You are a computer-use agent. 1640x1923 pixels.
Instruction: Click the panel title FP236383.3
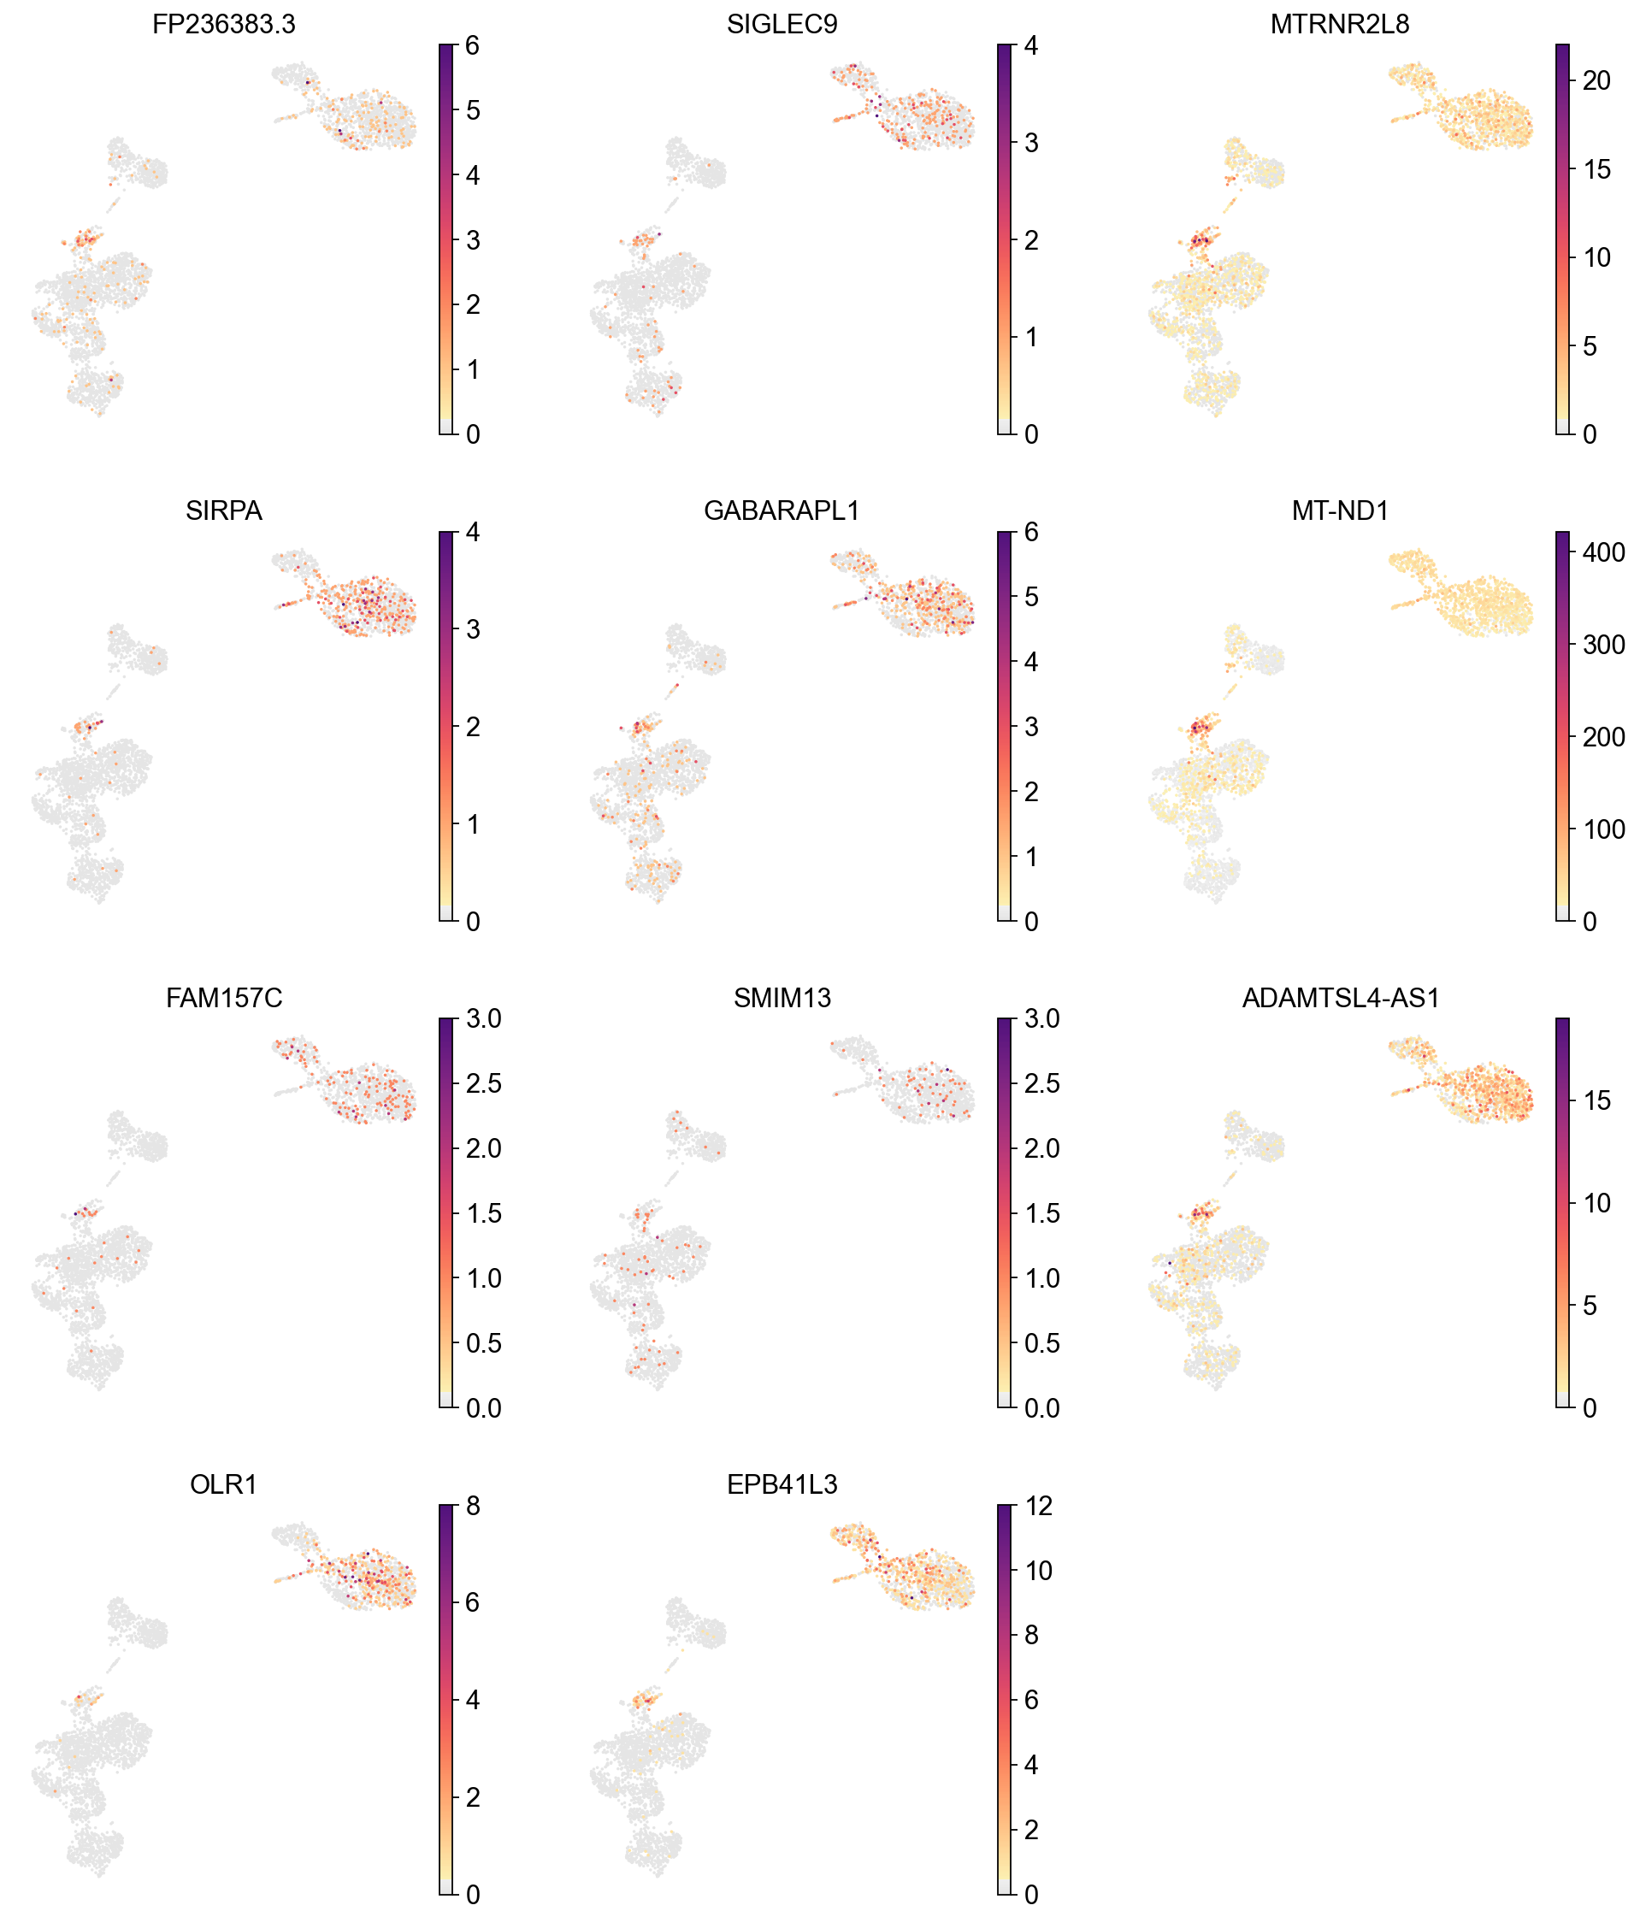224,25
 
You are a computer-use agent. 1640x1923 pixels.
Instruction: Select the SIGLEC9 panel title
782,25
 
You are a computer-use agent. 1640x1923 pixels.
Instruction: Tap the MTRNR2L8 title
1339,25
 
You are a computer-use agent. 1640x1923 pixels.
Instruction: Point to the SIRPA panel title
224,511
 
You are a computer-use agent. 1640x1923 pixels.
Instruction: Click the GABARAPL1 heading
782,511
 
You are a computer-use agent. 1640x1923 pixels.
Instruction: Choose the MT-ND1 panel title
1339,511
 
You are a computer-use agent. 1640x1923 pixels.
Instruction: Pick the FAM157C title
224,999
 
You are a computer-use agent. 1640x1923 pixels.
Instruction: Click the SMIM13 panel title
782,999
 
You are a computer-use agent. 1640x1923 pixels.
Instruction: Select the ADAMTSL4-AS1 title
1339,999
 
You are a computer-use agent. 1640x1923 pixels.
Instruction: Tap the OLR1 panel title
224,1485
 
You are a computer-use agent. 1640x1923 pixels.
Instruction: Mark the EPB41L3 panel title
782,1485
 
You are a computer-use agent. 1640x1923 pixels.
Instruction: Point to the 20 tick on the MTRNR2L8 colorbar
1596,80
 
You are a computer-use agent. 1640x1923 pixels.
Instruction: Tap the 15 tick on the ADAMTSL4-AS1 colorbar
1596,1101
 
